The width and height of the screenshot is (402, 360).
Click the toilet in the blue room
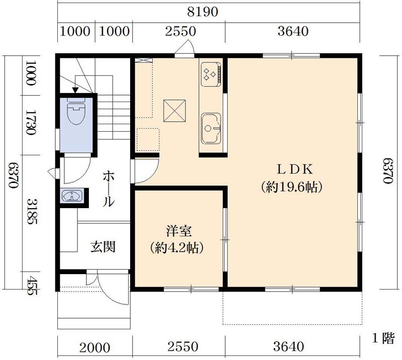point(76,112)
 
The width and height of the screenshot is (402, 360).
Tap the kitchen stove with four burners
point(210,74)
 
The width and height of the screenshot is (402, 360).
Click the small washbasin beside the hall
point(71,196)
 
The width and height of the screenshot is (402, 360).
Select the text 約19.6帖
point(291,188)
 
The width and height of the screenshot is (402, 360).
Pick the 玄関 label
point(104,247)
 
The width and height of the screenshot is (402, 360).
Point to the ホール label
point(109,189)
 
